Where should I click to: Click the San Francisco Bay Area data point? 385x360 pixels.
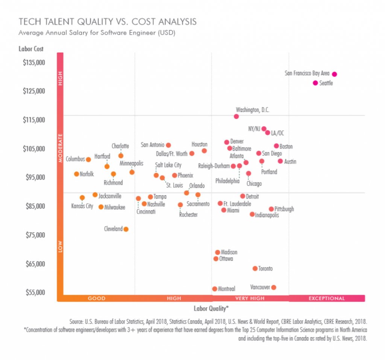334,74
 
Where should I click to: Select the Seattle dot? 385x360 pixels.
315,83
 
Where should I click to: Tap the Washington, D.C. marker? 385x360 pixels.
236,116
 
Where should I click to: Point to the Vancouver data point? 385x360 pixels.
274,287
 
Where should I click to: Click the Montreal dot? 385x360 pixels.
215,289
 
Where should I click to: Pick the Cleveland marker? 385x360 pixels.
126,229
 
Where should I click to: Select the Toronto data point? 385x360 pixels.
255,269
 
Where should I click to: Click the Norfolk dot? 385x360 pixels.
76,174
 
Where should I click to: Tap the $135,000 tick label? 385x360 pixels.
34,62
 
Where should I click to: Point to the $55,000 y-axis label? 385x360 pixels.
34,292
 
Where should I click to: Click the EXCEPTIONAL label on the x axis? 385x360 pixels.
327,298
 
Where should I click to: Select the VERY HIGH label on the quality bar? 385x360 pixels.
250,298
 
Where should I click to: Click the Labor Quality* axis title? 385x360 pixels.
211,309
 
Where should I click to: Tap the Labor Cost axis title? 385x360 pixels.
31,49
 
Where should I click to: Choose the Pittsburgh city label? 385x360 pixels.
284,209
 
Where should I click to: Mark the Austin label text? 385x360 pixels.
290,162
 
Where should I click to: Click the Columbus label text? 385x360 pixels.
75,159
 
